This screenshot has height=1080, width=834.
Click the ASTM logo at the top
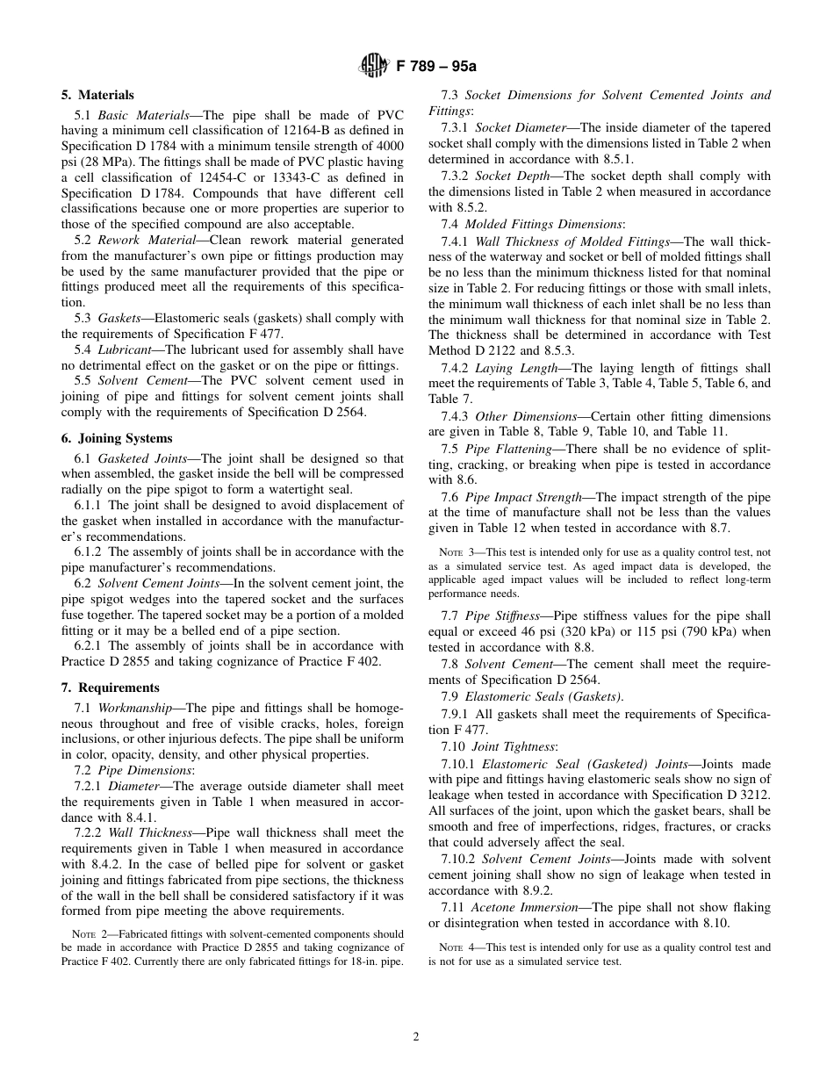[374, 65]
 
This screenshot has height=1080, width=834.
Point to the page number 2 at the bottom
[416, 1036]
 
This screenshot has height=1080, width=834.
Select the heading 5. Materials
[97, 95]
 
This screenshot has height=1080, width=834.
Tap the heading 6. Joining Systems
[117, 438]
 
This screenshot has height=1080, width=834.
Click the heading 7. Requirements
[110, 688]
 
